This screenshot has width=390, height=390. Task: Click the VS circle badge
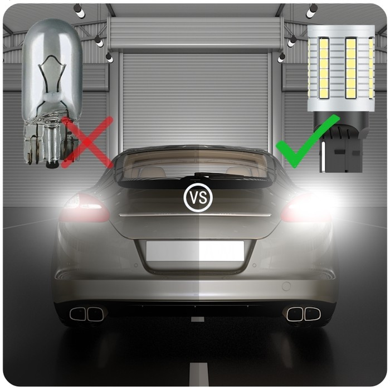coord(198,197)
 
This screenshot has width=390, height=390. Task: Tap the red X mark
coord(87,143)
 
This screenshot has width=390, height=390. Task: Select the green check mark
coord(308,142)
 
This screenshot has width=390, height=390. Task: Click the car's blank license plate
coord(195,251)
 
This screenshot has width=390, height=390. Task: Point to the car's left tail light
coord(85,208)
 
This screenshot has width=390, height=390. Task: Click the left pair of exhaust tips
coord(86,314)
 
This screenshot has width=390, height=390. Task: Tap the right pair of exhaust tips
coord(304,314)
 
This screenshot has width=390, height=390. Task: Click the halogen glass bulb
coord(52,92)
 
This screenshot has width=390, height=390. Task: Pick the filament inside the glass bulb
coord(52,75)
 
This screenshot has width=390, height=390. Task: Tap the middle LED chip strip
coord(350,67)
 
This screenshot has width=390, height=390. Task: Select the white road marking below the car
coord(198,376)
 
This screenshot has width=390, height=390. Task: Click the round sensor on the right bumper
coord(286,286)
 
